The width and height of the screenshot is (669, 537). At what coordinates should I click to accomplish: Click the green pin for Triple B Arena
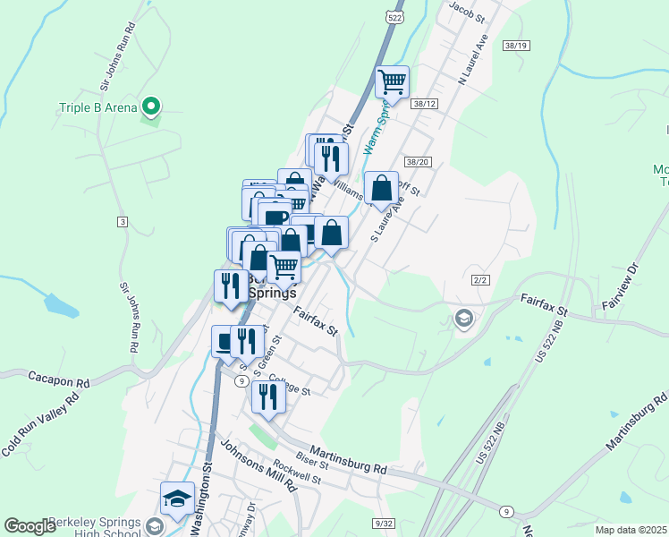pyautogui.click(x=151, y=107)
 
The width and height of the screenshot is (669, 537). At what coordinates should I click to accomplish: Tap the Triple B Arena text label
pyautogui.click(x=98, y=108)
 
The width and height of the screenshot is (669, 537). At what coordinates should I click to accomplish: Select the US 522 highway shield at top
pyautogui.click(x=394, y=17)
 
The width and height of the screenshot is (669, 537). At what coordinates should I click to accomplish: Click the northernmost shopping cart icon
pyautogui.click(x=392, y=82)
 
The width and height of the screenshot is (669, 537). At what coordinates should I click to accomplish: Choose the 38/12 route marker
pyautogui.click(x=424, y=105)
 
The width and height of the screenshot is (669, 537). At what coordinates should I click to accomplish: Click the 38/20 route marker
pyautogui.click(x=418, y=162)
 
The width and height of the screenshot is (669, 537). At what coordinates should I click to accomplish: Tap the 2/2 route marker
pyautogui.click(x=480, y=280)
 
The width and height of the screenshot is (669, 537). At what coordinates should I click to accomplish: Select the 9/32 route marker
pyautogui.click(x=385, y=523)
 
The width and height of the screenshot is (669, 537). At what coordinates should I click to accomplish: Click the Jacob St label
pyautogui.click(x=467, y=12)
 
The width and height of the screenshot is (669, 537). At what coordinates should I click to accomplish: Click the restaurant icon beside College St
pyautogui.click(x=268, y=397)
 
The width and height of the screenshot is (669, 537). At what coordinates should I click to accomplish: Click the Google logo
pyautogui.click(x=30, y=526)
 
